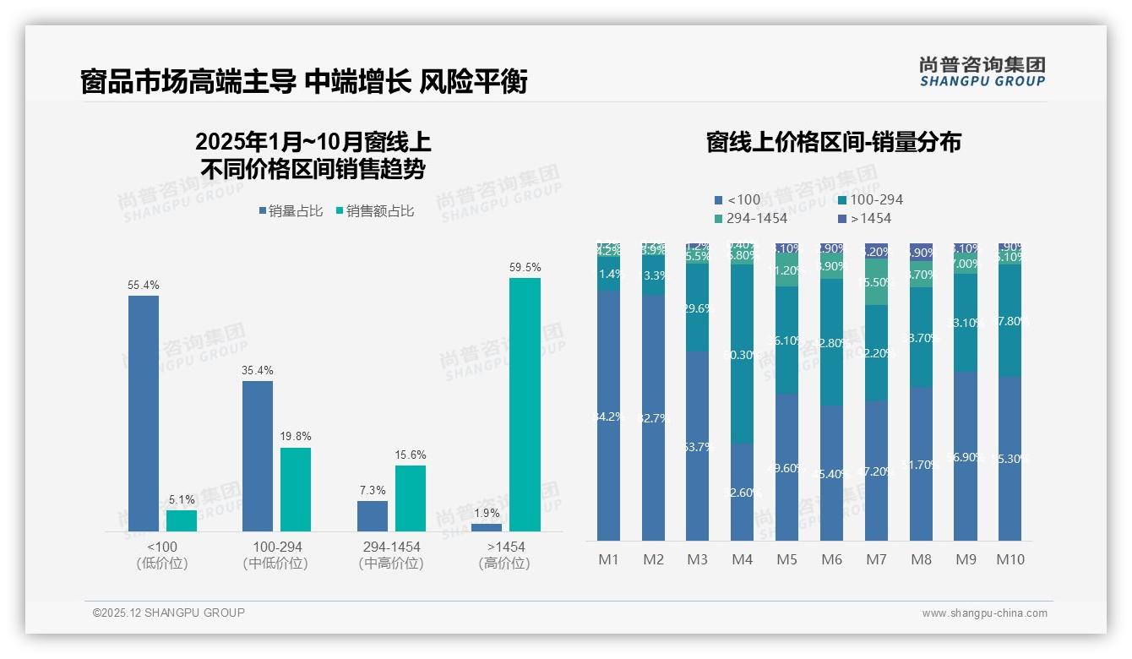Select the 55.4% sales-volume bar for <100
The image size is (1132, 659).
[144, 413]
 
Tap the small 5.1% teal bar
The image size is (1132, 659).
[182, 520]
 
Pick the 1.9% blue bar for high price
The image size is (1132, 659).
[487, 527]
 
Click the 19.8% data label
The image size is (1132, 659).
[296, 436]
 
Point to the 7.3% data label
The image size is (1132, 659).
[372, 490]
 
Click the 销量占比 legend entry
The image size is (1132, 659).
[291, 211]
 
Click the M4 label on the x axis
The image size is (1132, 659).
[742, 559]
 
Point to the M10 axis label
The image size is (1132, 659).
[1010, 559]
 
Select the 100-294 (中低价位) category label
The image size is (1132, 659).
[275, 555]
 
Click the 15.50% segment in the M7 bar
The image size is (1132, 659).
[876, 282]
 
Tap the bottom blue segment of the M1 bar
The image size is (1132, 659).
[608, 416]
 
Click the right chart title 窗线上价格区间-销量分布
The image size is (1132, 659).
[833, 142]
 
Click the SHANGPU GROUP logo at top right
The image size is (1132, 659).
[982, 71]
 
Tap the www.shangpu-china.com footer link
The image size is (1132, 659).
[984, 613]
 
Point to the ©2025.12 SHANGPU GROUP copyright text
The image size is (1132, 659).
[169, 613]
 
